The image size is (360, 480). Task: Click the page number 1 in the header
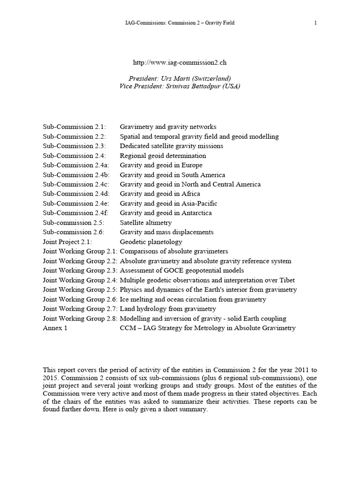point(315,23)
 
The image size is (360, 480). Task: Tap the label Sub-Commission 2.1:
point(75,127)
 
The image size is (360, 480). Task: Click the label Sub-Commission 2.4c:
point(76,184)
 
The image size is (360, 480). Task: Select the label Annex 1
point(55,328)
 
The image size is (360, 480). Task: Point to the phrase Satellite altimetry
point(146,223)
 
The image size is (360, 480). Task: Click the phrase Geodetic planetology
point(151,242)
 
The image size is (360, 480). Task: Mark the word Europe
point(192,165)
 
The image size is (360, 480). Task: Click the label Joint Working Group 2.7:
point(80,309)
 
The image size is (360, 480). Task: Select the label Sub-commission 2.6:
point(74,232)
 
